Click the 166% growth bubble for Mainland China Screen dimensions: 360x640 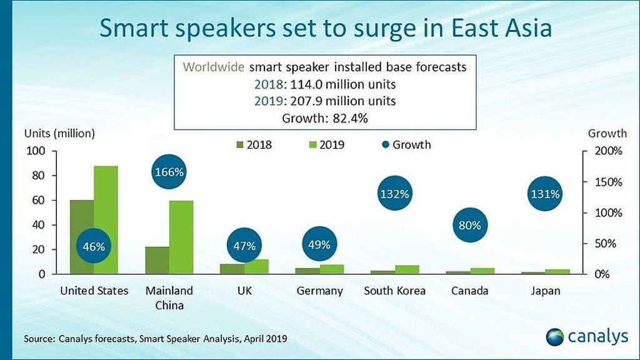(x=169, y=172)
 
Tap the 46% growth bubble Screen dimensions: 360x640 (x=94, y=246)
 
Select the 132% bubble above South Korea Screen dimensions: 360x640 (x=394, y=194)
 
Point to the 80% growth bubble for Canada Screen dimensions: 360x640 (x=469, y=226)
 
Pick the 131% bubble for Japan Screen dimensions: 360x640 (x=545, y=194)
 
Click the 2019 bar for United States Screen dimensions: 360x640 (x=106, y=219)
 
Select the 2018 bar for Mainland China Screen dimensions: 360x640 (x=157, y=260)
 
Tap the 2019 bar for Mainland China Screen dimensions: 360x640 (x=181, y=237)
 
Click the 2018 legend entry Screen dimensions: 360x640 (x=253, y=145)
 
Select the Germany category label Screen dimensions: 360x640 (x=319, y=291)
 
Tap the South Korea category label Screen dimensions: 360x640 (x=394, y=291)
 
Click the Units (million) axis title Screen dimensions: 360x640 (x=59, y=133)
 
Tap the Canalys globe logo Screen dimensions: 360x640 (x=555, y=337)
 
